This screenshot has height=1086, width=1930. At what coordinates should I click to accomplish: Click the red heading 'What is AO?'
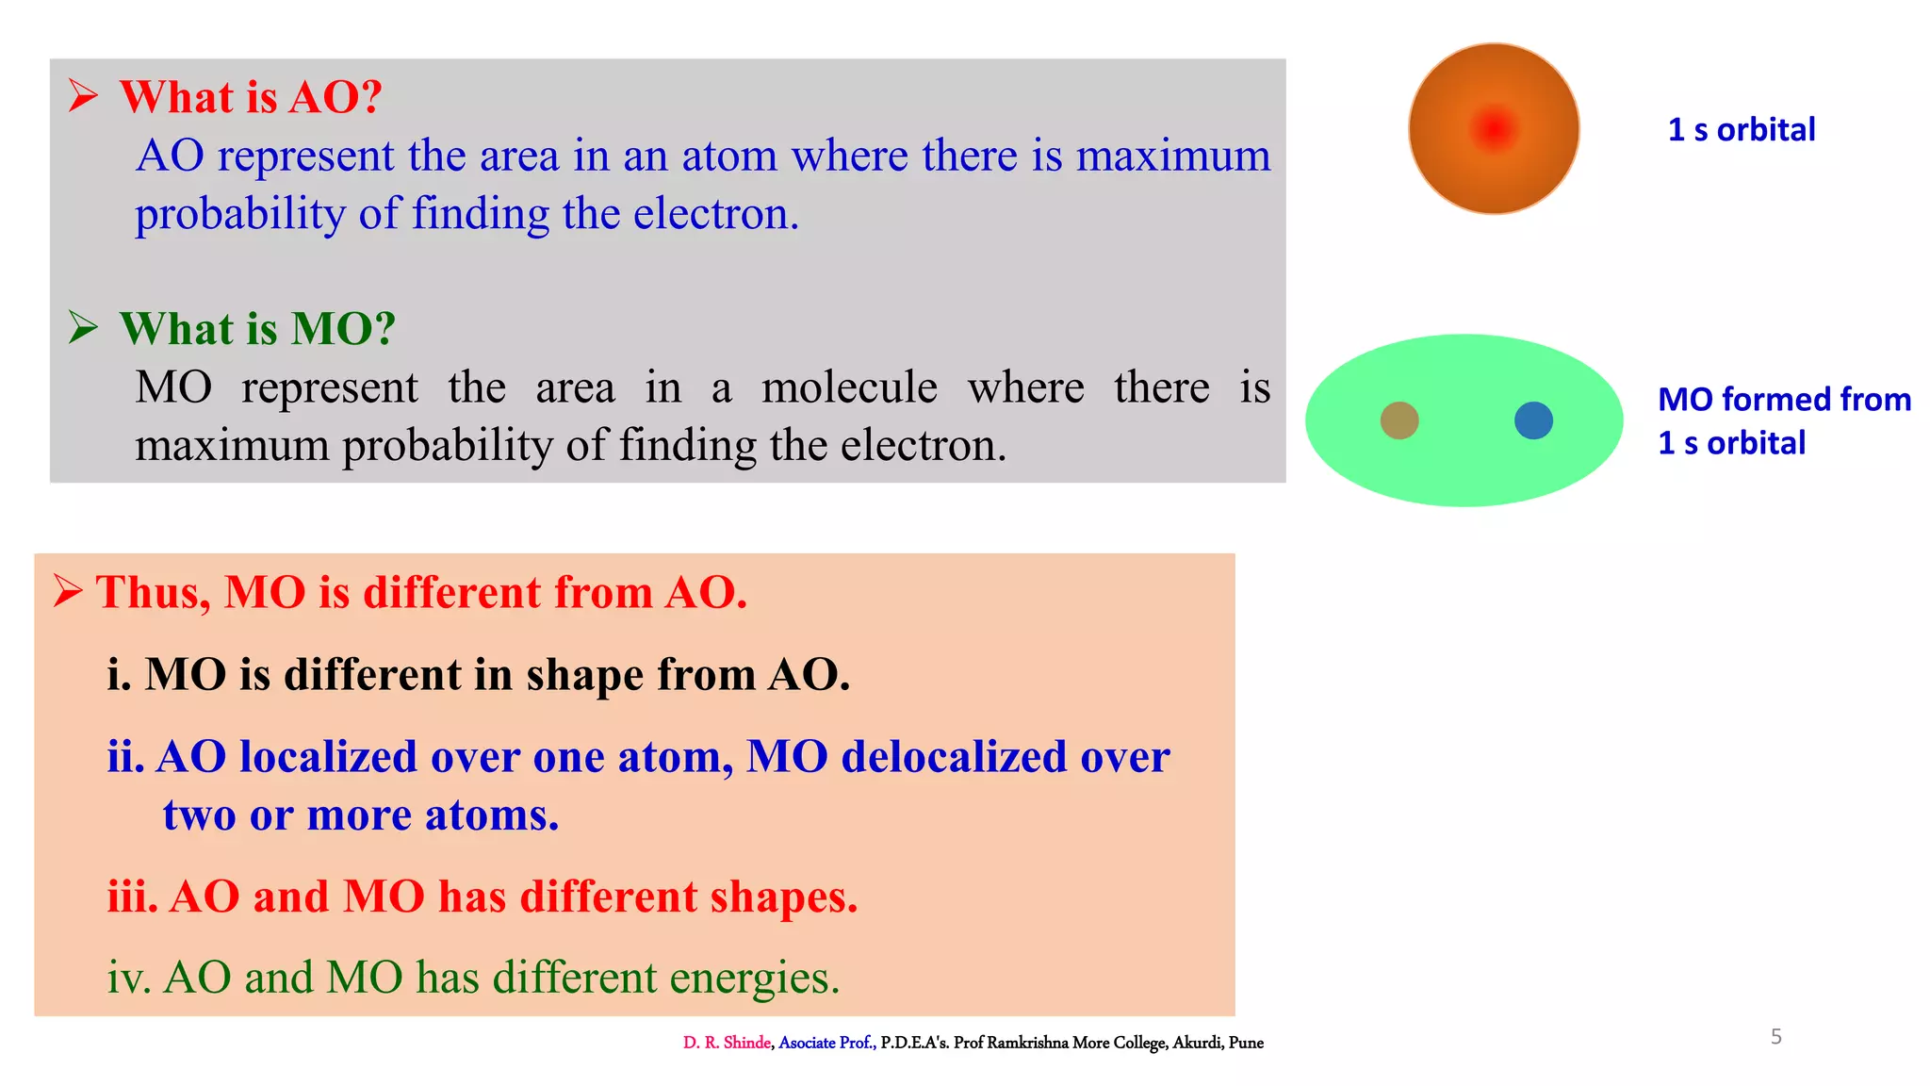tap(251, 97)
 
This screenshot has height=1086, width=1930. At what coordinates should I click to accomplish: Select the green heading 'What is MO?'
tap(257, 329)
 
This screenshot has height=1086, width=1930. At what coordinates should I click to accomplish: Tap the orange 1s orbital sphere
tap(1494, 129)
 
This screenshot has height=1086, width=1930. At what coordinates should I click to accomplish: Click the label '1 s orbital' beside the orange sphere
tap(1742, 130)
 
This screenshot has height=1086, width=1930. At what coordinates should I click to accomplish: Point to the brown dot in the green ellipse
tap(1399, 420)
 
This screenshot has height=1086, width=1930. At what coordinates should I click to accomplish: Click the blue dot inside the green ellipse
tap(1533, 420)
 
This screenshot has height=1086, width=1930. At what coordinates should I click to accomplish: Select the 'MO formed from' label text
tap(1784, 400)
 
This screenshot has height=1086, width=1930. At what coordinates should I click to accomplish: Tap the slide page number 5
tap(1776, 1037)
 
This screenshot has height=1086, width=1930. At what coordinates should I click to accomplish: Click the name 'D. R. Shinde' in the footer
tap(727, 1043)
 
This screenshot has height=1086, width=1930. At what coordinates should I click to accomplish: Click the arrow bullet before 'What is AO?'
tap(83, 96)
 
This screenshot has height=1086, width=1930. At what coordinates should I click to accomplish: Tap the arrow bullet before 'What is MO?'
tap(83, 328)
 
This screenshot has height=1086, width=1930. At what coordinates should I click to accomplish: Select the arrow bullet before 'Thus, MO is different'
tap(68, 591)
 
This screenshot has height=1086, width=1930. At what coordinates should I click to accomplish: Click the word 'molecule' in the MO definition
tap(849, 387)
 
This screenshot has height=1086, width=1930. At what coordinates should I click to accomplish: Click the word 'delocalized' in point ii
tap(953, 757)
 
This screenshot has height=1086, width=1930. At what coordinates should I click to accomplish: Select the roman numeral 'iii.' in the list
tap(132, 897)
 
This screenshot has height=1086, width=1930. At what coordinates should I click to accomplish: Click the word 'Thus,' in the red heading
tap(154, 593)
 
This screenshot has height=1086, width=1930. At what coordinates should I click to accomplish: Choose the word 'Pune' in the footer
tap(1246, 1043)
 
